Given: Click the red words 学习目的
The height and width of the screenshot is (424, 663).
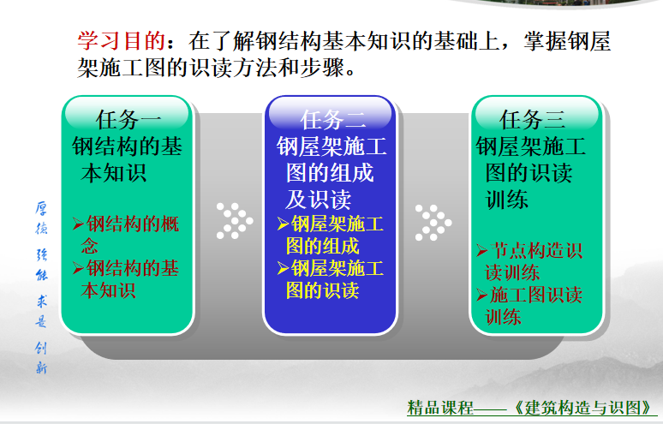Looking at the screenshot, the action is [121, 41].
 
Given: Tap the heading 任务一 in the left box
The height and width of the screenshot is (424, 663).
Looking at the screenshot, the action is [128, 120].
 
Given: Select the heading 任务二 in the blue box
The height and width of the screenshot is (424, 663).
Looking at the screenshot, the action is [332, 120].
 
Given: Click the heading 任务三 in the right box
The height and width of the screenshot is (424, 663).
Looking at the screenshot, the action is [532, 120].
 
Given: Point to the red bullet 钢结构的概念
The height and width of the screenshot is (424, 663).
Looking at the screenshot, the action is [126, 235].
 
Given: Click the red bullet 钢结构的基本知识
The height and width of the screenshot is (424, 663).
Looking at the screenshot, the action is [126, 279].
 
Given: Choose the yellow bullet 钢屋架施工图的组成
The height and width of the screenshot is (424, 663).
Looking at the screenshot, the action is [331, 235].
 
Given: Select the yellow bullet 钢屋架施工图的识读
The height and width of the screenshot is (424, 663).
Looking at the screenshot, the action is [331, 279].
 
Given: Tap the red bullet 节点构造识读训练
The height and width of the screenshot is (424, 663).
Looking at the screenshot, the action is [529, 261].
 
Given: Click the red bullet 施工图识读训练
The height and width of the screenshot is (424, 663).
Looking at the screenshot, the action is [529, 306].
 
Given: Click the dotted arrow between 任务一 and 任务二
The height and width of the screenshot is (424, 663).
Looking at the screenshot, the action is [235, 221].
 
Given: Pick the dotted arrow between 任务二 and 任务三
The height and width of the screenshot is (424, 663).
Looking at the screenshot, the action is [433, 223].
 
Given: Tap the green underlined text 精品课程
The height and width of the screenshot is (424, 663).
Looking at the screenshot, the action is [440, 408].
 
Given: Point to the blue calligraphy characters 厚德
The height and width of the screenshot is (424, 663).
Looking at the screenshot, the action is [41, 218].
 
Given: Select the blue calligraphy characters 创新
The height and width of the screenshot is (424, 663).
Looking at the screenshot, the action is [41, 358].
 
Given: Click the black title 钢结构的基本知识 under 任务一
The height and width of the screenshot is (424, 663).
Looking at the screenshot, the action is [127, 160].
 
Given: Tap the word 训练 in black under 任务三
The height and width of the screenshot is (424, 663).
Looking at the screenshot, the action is [507, 199].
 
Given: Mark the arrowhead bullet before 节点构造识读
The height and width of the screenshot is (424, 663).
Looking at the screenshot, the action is [482, 251].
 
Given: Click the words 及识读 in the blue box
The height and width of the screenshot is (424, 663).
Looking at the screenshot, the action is [319, 199].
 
